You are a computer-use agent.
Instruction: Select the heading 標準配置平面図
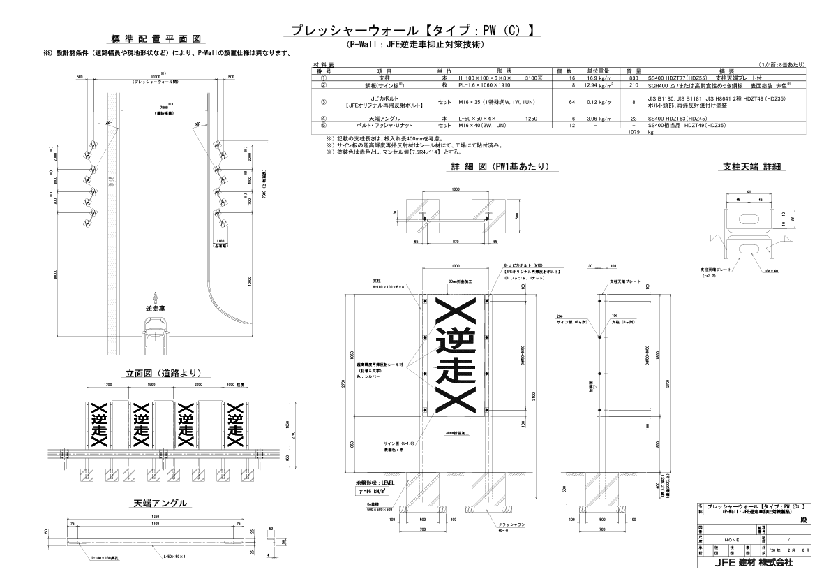pos(157,38)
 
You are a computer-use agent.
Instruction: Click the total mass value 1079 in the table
pos(634,131)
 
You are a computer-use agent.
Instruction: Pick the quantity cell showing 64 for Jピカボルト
pos(571,102)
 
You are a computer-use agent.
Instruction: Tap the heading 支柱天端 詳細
pos(751,167)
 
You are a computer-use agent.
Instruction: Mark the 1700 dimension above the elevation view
pos(107,385)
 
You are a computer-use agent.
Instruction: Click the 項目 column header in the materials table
pos(384,71)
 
